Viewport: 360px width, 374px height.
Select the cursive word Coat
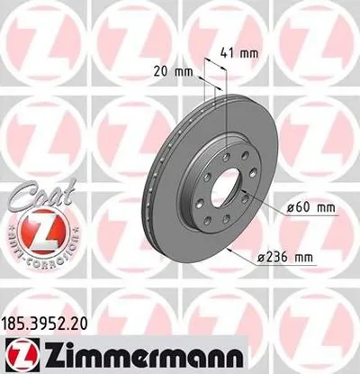(31, 195)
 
